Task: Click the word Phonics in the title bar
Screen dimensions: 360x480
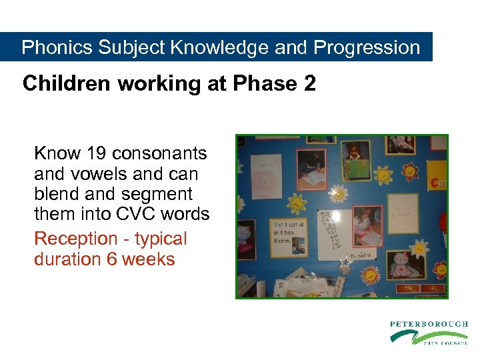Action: click(x=57, y=48)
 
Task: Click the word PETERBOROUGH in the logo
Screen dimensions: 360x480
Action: click(x=429, y=324)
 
